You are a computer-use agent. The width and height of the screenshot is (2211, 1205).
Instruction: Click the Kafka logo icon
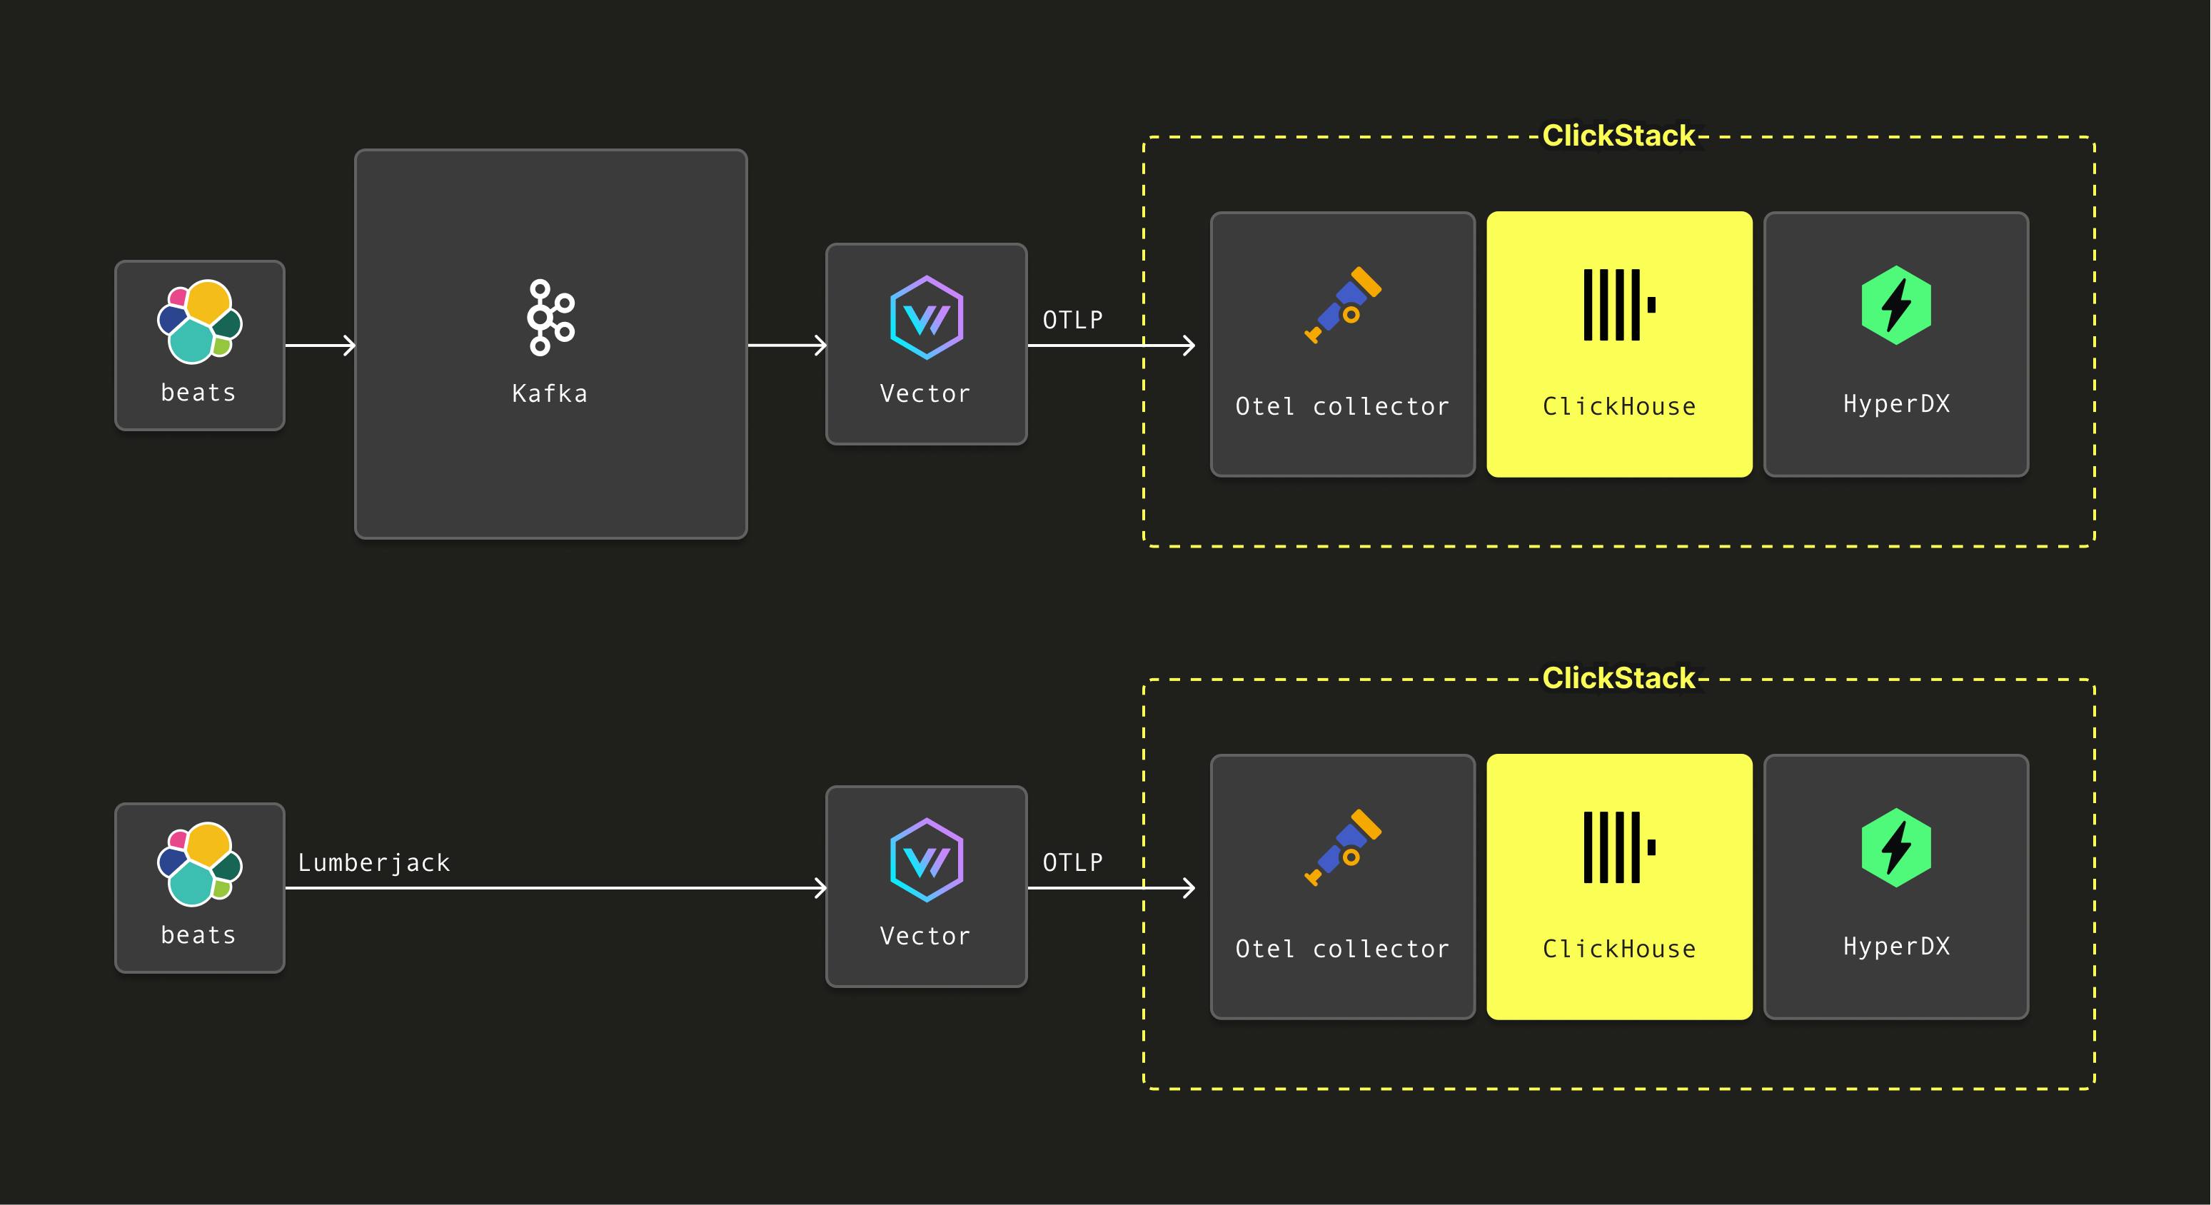[551, 317]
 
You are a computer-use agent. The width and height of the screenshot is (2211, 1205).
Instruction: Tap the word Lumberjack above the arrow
[374, 862]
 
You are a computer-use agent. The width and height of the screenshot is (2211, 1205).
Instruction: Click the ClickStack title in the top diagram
[1618, 136]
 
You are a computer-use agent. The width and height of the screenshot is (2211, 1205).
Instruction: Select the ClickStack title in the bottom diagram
[1618, 678]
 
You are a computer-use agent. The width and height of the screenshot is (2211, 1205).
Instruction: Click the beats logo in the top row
[200, 321]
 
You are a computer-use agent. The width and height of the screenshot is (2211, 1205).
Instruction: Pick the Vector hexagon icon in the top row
[926, 318]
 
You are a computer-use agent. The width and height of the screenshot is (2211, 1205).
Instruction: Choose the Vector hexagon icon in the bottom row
[926, 860]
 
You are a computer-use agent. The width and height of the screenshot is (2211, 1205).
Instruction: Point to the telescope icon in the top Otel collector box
[1344, 305]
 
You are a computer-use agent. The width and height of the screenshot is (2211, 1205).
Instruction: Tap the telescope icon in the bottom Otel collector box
[1344, 847]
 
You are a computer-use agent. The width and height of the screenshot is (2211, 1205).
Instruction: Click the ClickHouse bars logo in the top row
[1618, 305]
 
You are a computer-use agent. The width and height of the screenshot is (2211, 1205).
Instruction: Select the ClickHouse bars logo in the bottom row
[1618, 847]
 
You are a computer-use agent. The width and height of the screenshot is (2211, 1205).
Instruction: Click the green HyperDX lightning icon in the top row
[1896, 305]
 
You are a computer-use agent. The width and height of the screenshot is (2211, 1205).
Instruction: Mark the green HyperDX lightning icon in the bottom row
[1896, 847]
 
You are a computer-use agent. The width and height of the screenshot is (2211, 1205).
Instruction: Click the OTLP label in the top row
[1073, 320]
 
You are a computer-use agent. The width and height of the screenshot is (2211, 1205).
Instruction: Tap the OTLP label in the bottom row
[1073, 862]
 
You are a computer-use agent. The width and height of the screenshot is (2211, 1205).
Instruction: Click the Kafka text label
[550, 394]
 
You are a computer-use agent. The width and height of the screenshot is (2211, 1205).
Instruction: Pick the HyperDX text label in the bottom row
[1896, 947]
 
